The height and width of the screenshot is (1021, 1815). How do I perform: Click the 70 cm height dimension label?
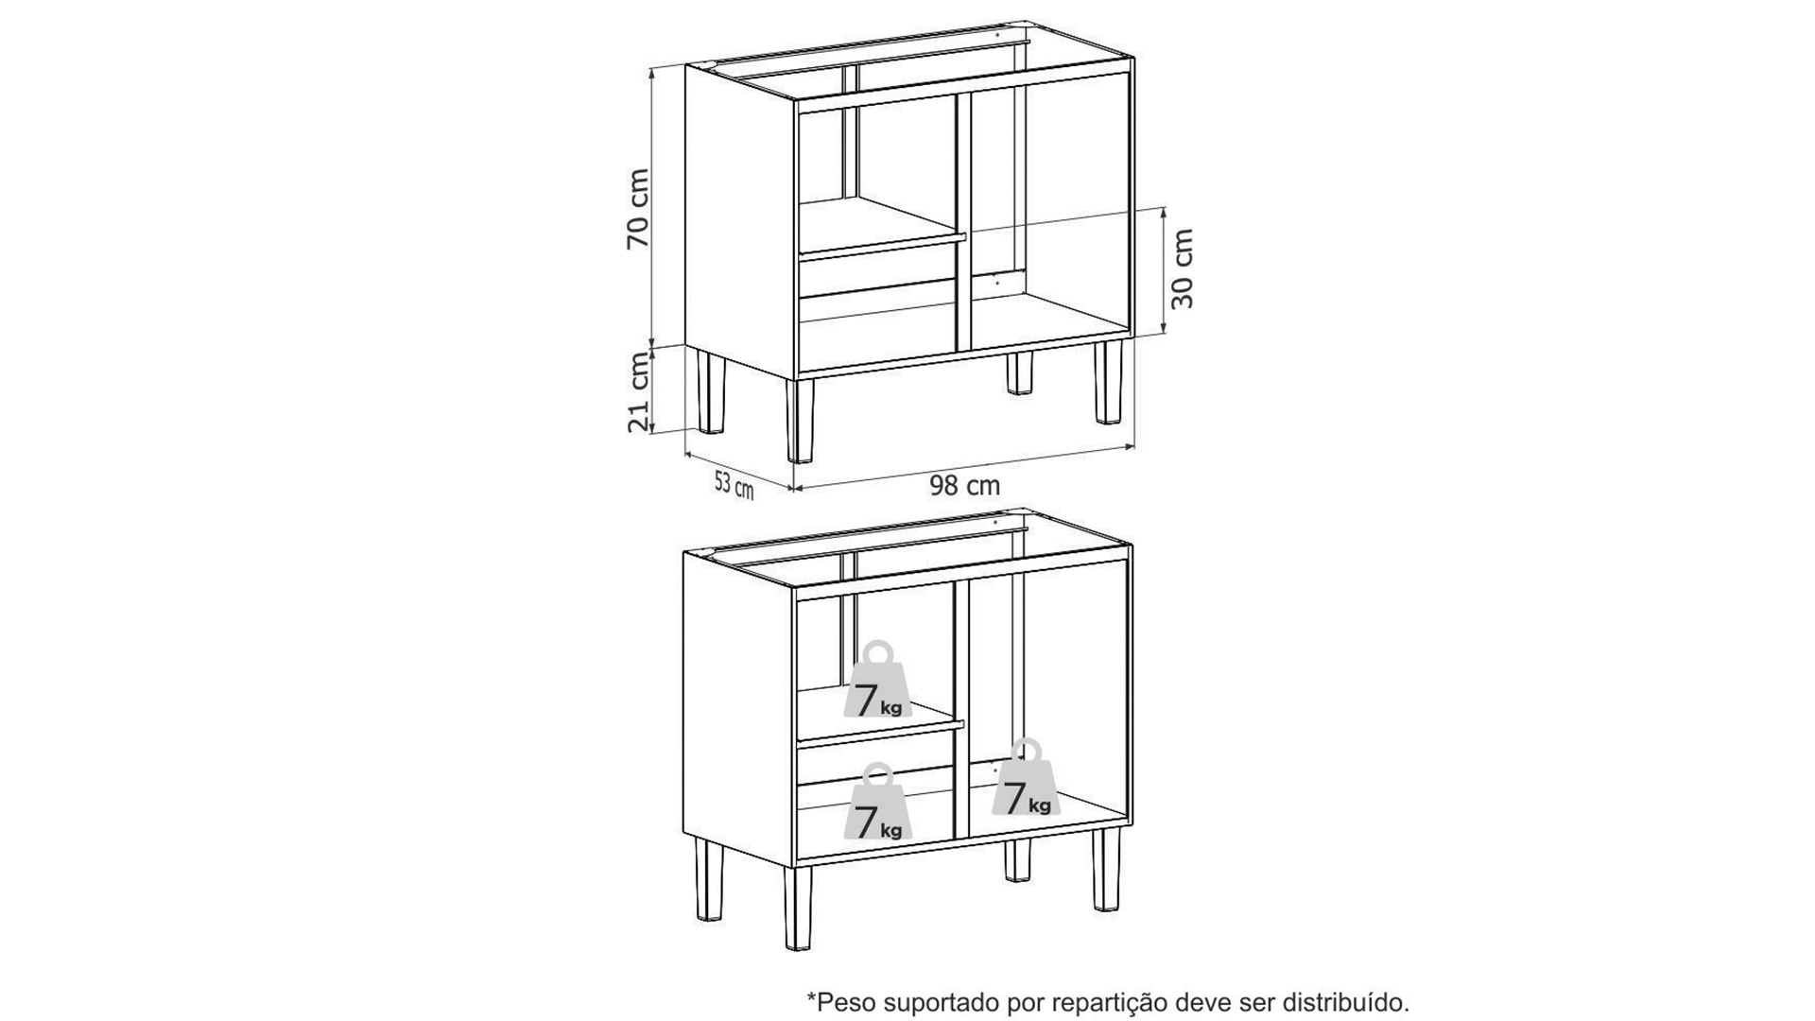pyautogui.click(x=639, y=208)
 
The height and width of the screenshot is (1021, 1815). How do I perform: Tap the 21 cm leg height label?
pyautogui.click(x=639, y=390)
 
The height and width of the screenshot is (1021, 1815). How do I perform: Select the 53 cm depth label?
pyautogui.click(x=734, y=485)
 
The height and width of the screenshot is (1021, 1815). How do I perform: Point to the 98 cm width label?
pyautogui.click(x=964, y=486)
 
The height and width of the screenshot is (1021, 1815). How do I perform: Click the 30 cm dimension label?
pyautogui.click(x=1182, y=268)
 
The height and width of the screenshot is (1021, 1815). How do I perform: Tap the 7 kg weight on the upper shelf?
pyautogui.click(x=878, y=680)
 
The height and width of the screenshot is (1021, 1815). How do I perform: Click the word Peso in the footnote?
pyautogui.click(x=840, y=1000)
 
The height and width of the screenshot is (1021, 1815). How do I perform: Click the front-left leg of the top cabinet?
pyautogui.click(x=800, y=421)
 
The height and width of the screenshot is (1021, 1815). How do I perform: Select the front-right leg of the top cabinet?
pyautogui.click(x=1108, y=382)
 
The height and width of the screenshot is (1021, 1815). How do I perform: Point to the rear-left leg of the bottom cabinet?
pyautogui.click(x=709, y=880)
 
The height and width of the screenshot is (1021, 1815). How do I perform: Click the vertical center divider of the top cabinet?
pyautogui.click(x=963, y=222)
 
